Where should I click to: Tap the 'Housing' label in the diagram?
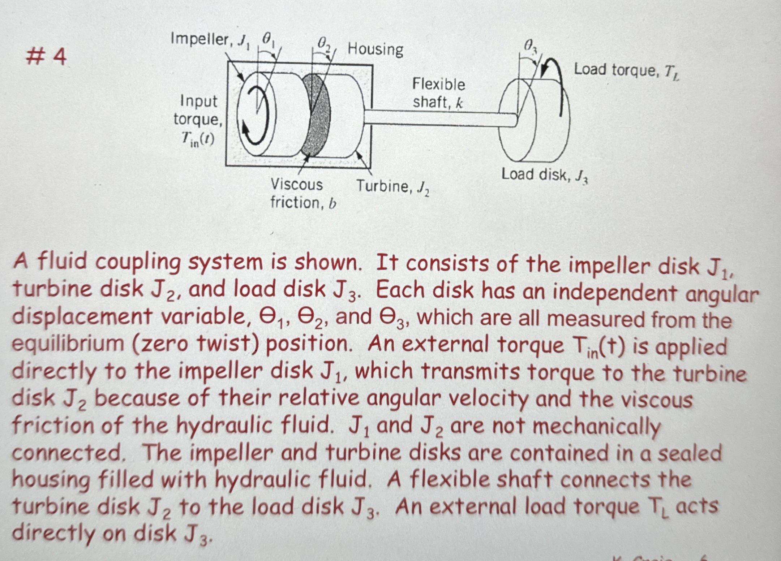375,49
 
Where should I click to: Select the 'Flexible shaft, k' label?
438,93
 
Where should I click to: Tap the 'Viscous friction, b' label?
302,194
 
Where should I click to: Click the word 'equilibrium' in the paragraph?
68,344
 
